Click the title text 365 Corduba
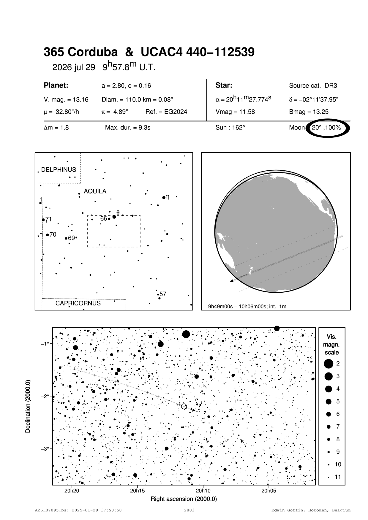coord(80,52)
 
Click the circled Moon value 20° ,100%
coord(326,128)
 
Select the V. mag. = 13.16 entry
coord(66,100)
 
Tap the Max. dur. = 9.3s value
coord(128,128)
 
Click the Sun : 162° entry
coord(230,128)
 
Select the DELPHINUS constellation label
coord(59,170)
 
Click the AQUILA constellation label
coord(95,191)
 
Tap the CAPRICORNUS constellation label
coord(78,303)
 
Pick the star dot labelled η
coord(164,198)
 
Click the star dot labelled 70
coord(48,235)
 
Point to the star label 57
coord(163,294)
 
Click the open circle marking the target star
coord(184,406)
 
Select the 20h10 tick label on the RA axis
coord(203,491)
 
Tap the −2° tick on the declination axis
coord(45,396)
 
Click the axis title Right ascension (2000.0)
coord(184,499)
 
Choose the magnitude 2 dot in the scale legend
coord(328,364)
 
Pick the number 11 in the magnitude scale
coord(338,477)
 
